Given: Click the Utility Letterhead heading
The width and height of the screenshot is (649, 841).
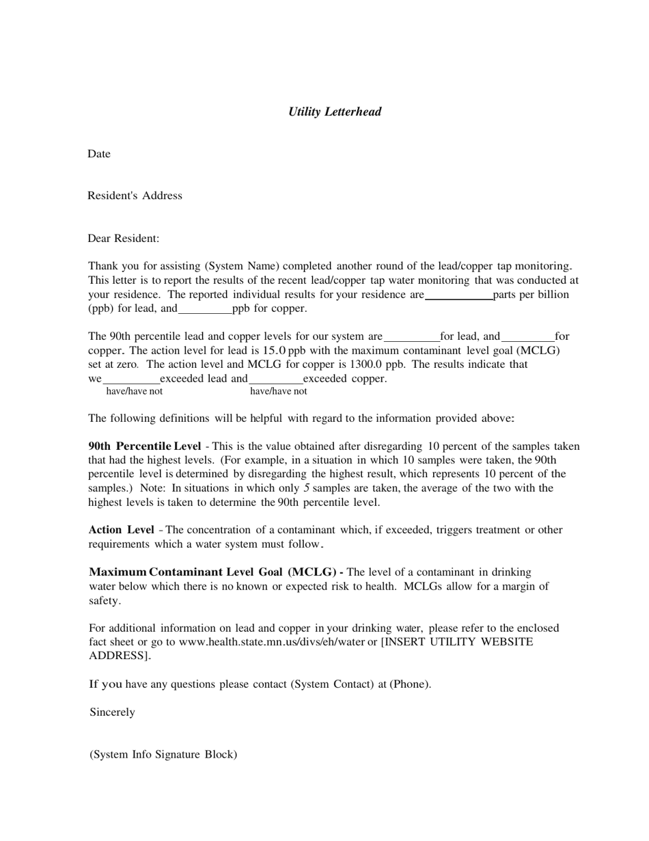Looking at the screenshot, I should click(x=335, y=111).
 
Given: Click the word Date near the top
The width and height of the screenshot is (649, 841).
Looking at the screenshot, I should click(x=98, y=154).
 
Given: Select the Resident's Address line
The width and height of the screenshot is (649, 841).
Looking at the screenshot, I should click(x=135, y=196).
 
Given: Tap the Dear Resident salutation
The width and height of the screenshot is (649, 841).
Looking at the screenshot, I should click(x=123, y=239).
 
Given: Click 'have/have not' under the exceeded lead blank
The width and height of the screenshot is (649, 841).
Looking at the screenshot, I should click(x=134, y=392).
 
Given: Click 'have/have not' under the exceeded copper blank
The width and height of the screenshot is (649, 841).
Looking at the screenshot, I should click(x=278, y=392).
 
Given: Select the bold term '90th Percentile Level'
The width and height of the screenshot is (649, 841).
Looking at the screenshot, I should click(x=145, y=446).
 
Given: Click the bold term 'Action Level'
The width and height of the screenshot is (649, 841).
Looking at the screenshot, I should click(x=121, y=530).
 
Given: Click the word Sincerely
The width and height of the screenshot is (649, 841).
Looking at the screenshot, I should click(x=112, y=712).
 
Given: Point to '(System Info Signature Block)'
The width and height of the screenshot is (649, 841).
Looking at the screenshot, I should click(x=163, y=755).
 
